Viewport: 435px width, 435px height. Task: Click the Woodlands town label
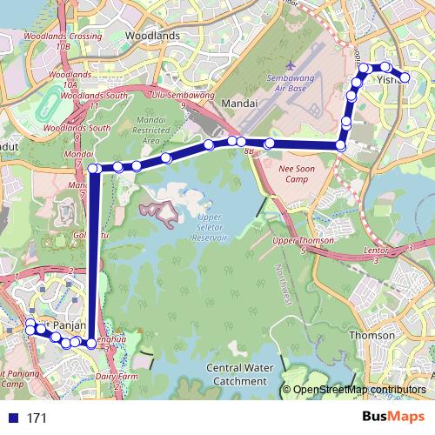pos(152,36)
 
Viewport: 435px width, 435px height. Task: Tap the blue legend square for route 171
pos(10,418)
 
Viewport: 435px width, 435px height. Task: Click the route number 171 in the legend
pos(36,418)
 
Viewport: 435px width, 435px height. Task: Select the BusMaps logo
pos(394,417)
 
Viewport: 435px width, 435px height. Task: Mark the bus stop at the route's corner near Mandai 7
pos(93,169)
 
